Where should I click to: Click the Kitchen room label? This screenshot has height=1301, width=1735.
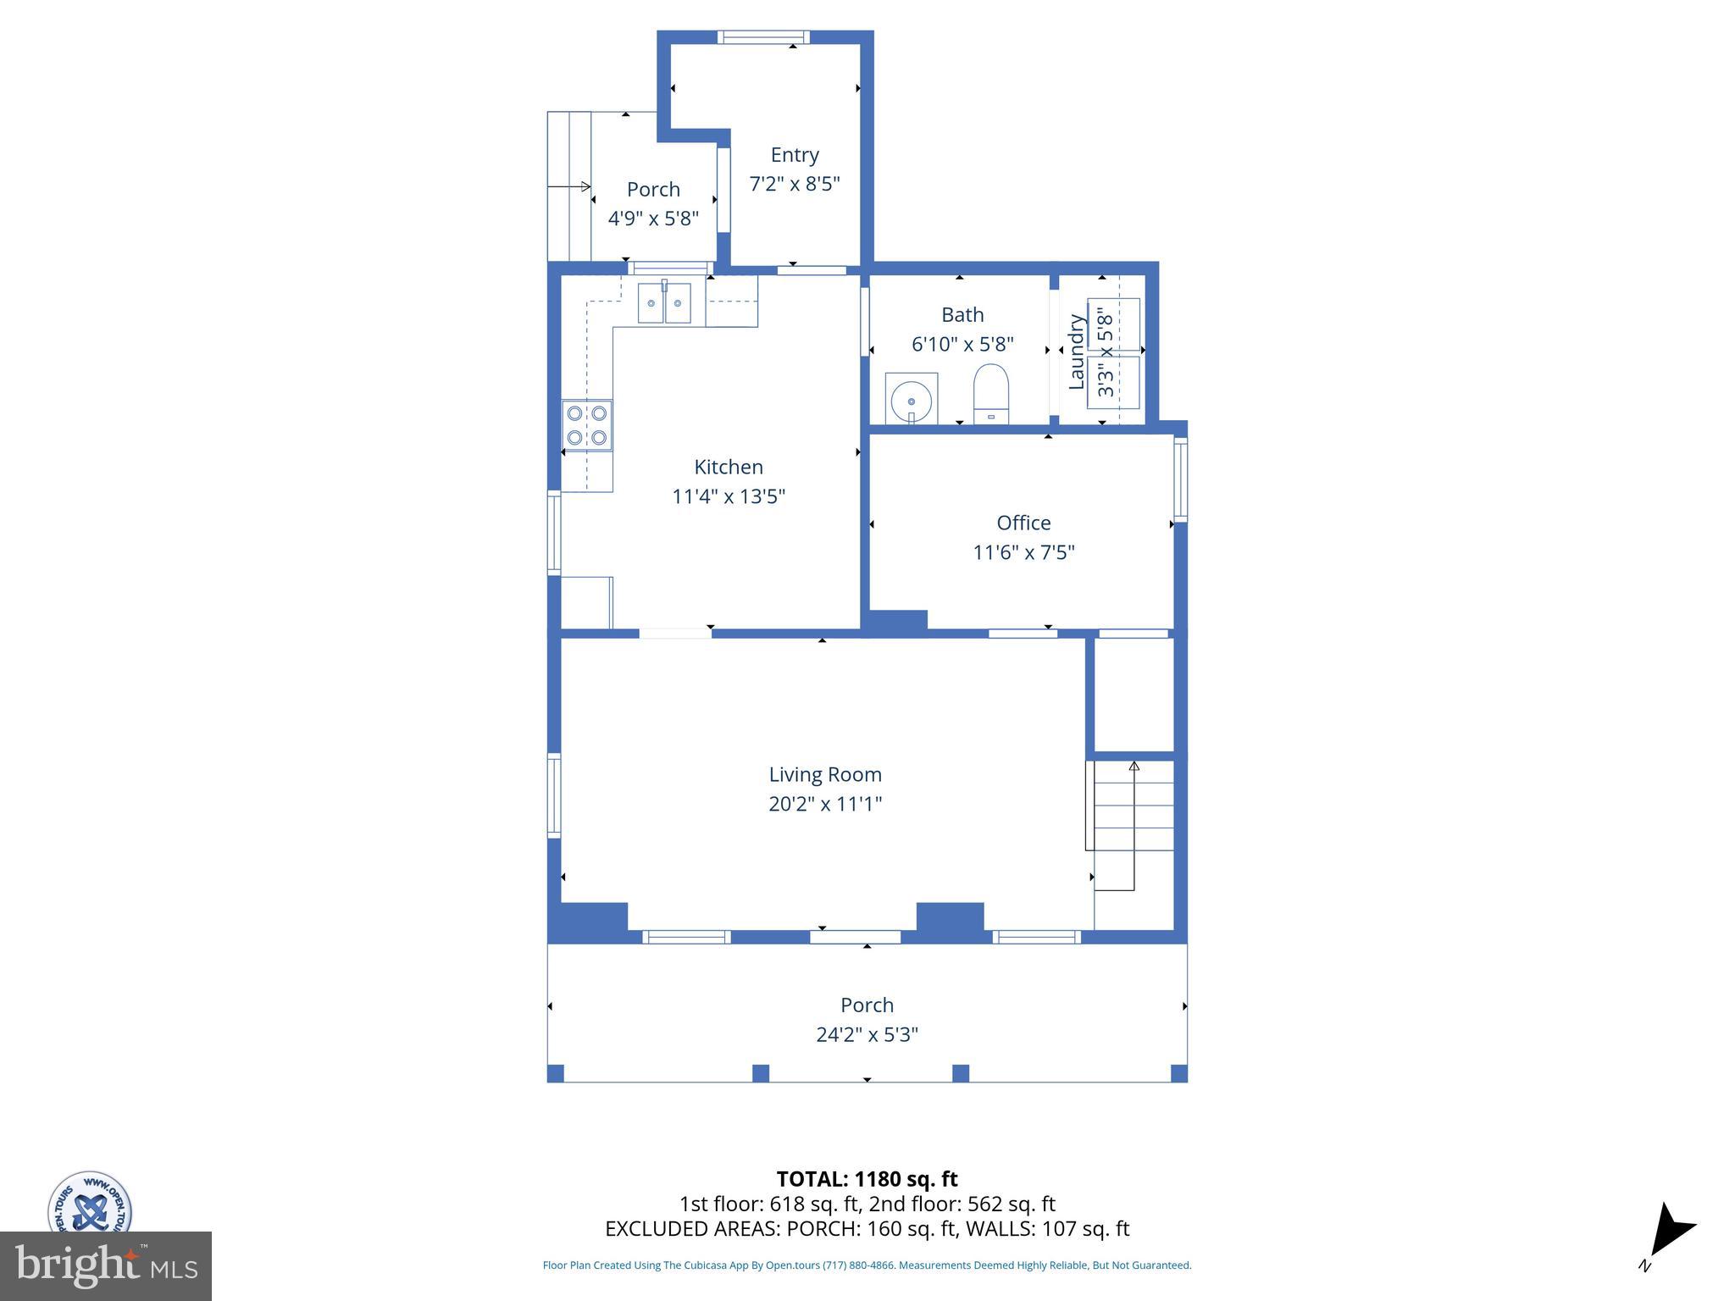(x=729, y=467)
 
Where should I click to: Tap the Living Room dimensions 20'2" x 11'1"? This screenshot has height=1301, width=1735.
(x=825, y=803)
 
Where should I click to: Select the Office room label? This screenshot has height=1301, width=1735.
(x=1023, y=523)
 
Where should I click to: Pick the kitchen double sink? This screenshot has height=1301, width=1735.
(x=664, y=303)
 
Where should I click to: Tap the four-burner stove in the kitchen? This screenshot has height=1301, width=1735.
(x=587, y=425)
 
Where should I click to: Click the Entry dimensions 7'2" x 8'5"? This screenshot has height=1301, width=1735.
(x=795, y=184)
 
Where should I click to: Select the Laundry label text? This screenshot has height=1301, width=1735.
(x=1077, y=352)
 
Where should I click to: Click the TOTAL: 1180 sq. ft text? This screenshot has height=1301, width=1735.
(x=867, y=1178)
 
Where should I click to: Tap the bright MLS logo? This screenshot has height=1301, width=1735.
(x=105, y=1265)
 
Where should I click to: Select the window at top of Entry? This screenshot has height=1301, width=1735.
(x=763, y=37)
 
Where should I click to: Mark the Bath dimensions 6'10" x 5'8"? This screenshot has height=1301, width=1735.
(x=962, y=344)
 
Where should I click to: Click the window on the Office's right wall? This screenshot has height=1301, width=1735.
(x=1180, y=478)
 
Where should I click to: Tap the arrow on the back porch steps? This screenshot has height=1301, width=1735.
(x=569, y=186)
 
